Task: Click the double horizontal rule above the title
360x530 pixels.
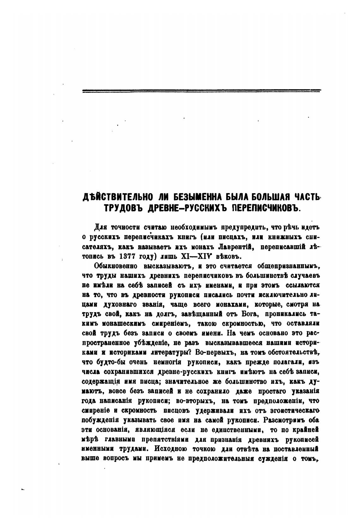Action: [x=201, y=91]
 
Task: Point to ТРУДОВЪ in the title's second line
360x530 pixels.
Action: [x=119, y=208]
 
